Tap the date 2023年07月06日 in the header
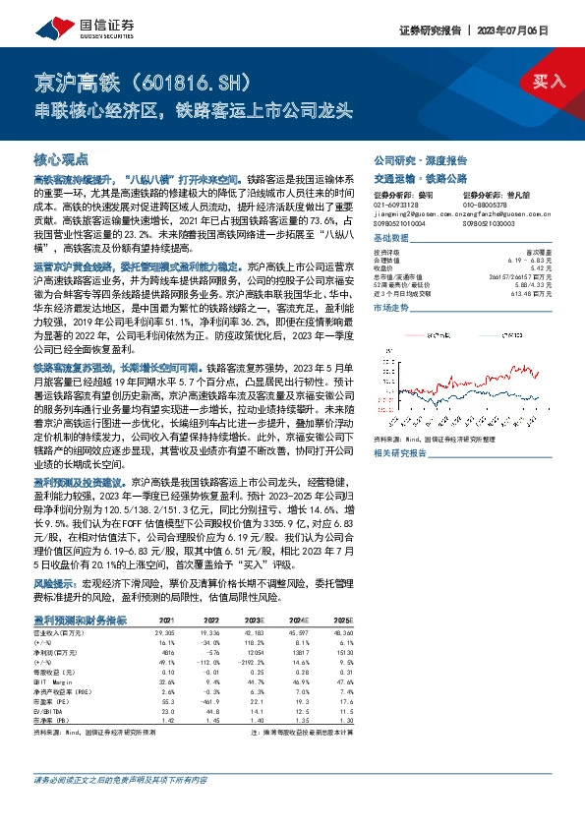click(x=536, y=30)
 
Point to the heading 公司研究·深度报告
click(x=421, y=159)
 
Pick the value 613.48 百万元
click(x=548, y=292)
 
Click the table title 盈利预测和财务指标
click(x=80, y=621)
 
